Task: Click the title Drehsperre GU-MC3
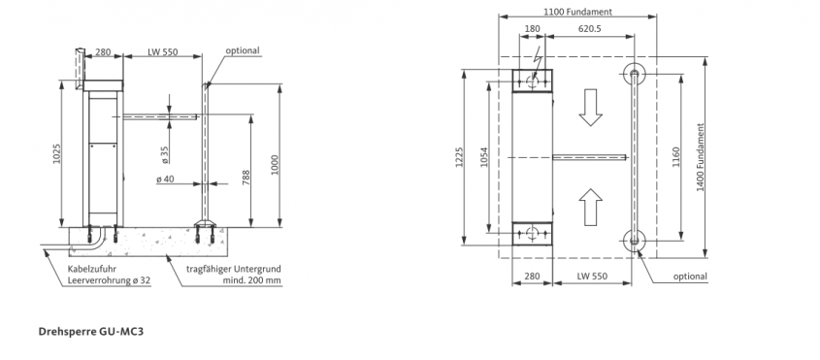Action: pyautogui.click(x=90, y=332)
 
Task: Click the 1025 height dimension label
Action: pyautogui.click(x=57, y=153)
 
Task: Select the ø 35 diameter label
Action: pyautogui.click(x=165, y=155)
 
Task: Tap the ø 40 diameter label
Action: pyautogui.click(x=165, y=180)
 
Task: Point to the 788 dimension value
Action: pyautogui.click(x=246, y=178)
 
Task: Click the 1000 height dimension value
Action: pyautogui.click(x=276, y=165)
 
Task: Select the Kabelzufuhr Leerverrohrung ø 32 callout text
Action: pyautogui.click(x=109, y=275)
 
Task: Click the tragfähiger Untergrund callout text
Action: pyautogui.click(x=234, y=275)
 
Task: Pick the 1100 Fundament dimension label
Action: pyautogui.click(x=577, y=12)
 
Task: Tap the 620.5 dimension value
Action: pyautogui.click(x=589, y=29)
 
